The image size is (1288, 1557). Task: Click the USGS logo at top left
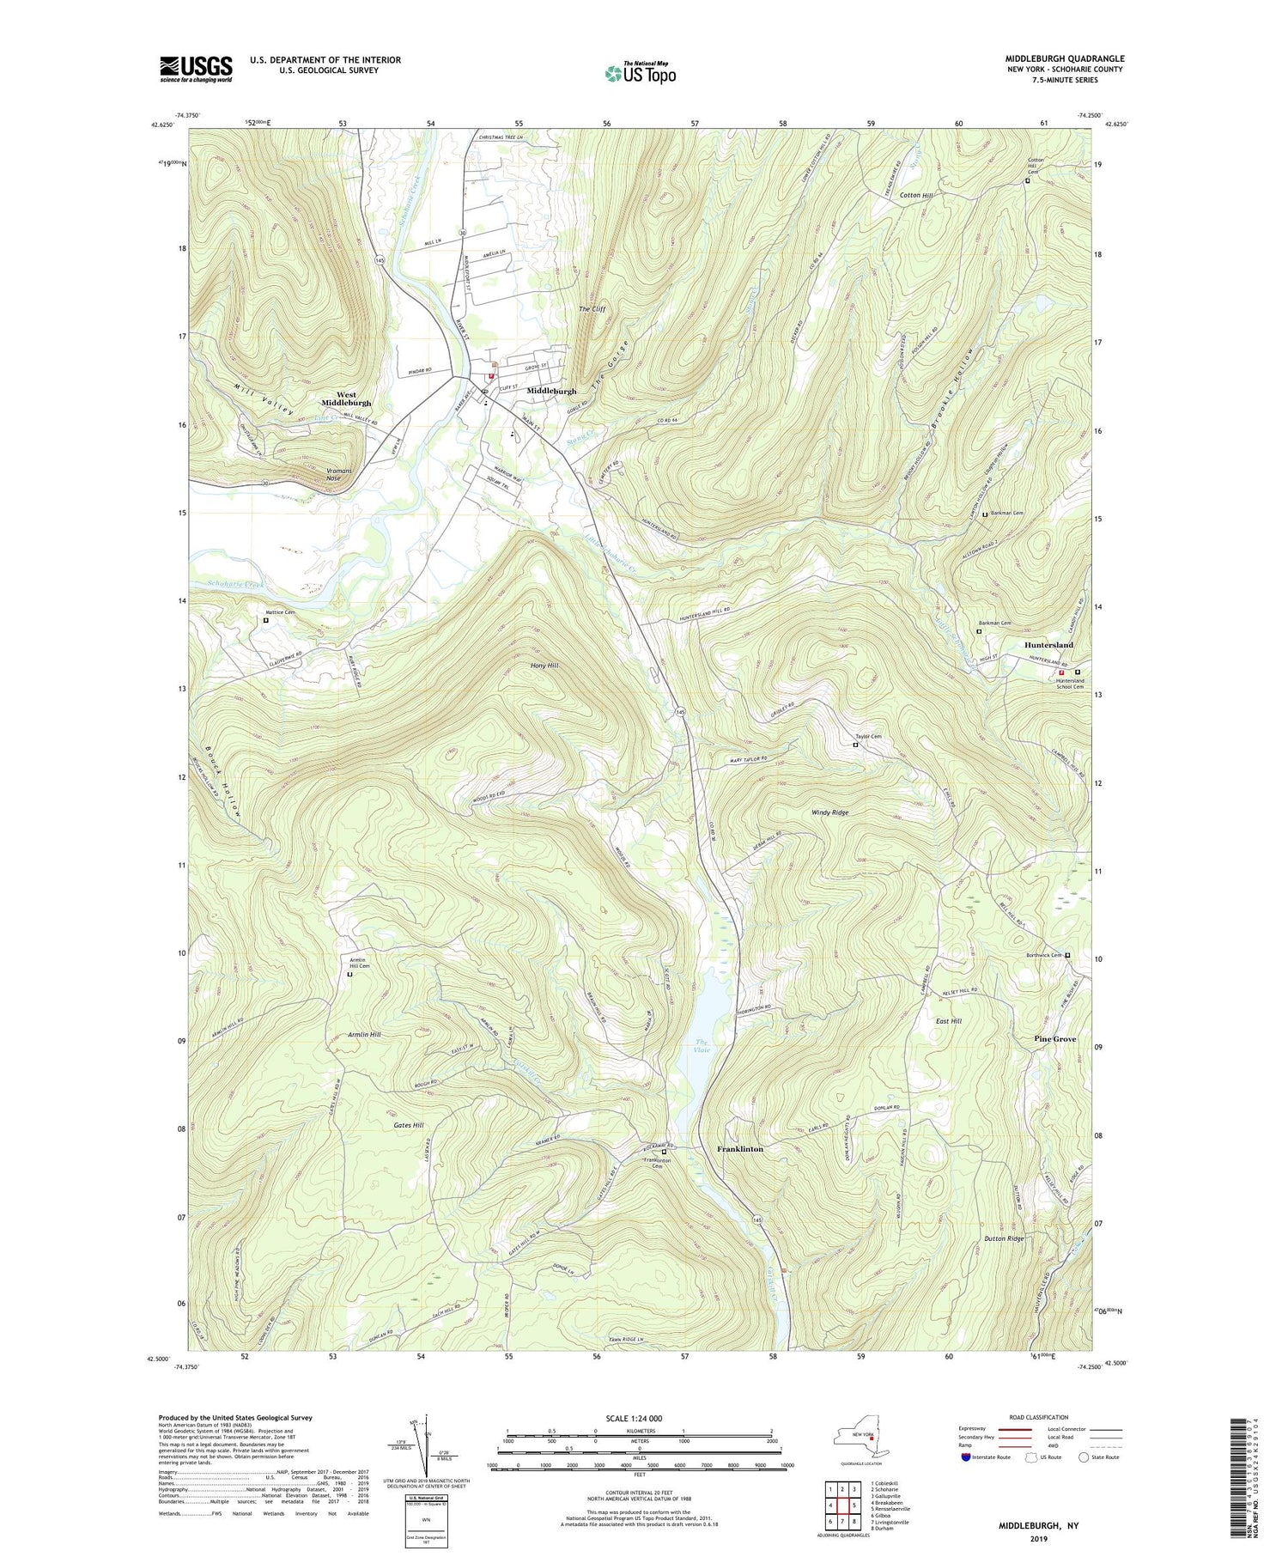(x=196, y=69)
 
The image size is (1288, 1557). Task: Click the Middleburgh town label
(x=551, y=391)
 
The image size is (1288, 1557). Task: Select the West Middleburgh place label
(x=347, y=398)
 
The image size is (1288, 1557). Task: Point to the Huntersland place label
(x=1048, y=645)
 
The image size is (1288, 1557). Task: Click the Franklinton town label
(x=739, y=1148)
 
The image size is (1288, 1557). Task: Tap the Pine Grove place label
(x=1054, y=1039)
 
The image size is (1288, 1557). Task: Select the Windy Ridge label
(x=829, y=812)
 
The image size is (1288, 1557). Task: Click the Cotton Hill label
(x=916, y=195)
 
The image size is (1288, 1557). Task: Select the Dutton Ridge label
(x=1004, y=1238)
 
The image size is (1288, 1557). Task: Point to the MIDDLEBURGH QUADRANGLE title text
(x=1065, y=58)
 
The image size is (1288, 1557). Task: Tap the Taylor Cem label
(x=867, y=736)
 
